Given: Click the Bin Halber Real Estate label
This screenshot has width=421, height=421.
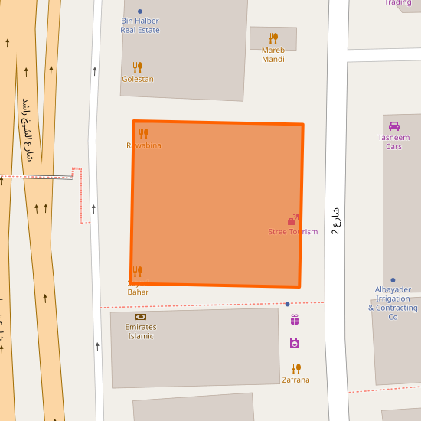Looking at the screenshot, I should click(x=140, y=25).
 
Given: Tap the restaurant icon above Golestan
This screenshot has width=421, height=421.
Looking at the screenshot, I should click(x=138, y=67).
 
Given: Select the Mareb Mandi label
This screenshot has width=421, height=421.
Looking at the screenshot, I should click(x=273, y=54).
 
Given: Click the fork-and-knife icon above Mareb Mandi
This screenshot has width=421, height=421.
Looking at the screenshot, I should click(x=273, y=38).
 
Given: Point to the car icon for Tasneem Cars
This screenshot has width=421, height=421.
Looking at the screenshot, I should click(x=394, y=126).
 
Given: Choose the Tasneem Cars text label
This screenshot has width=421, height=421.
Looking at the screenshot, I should click(x=393, y=142).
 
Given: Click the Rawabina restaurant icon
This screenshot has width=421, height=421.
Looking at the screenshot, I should click(x=144, y=134).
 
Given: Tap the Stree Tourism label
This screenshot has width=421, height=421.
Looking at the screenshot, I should click(x=292, y=232).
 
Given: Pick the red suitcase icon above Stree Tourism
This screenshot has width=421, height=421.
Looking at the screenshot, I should click(x=292, y=220).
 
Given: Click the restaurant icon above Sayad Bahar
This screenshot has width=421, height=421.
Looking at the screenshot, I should click(x=138, y=272).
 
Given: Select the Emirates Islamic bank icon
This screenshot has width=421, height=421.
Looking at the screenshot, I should click(x=141, y=317).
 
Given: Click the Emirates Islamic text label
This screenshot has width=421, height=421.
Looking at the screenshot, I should click(x=141, y=331).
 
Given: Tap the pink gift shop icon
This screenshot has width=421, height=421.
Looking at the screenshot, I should click(x=295, y=320).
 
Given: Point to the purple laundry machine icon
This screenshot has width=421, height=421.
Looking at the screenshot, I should click(x=295, y=343).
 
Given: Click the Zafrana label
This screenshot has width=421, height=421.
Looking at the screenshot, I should click(x=296, y=380).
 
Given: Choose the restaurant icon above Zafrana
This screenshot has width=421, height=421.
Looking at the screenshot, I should click(x=296, y=368).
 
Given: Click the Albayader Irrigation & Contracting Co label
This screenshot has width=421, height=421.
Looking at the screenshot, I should click(x=393, y=303).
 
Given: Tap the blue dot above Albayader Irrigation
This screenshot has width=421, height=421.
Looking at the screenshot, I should click(x=393, y=280).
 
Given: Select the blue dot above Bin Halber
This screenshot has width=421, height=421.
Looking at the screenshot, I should click(x=140, y=11).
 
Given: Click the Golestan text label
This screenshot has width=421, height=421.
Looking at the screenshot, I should click(x=138, y=79).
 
